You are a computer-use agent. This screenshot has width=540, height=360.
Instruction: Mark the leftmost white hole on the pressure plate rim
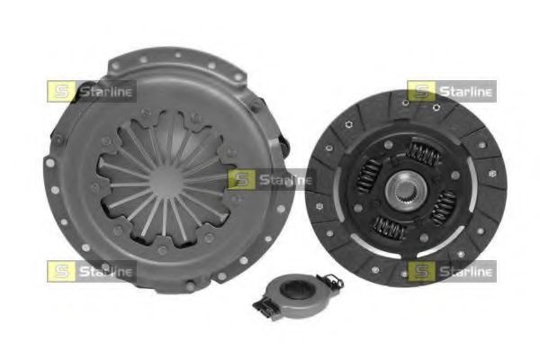[x=50, y=165]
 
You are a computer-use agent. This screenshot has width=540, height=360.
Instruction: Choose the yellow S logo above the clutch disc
[x=420, y=91]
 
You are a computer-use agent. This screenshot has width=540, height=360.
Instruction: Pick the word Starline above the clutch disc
[x=464, y=91]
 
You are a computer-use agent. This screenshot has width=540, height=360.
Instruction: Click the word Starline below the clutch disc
[x=464, y=271]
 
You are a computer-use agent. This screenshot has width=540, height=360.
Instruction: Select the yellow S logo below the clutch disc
[x=420, y=271]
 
